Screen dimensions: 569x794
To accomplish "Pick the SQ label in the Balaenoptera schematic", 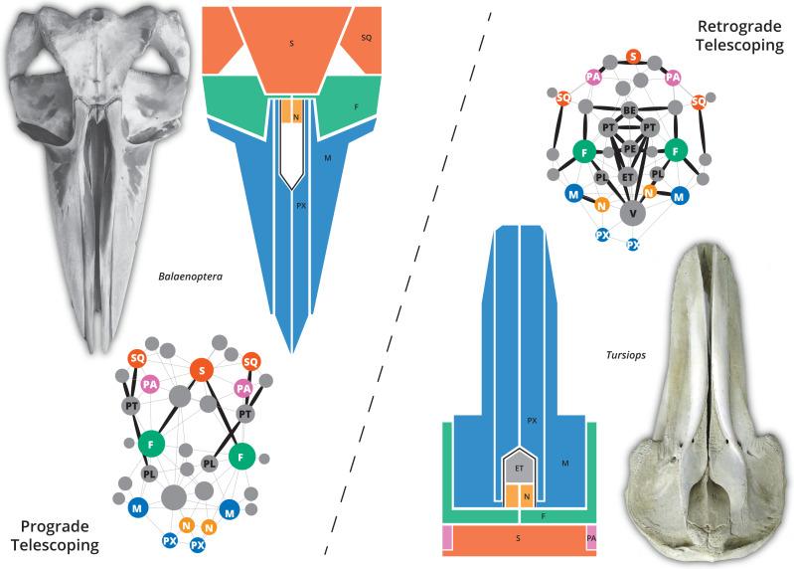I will click(x=366, y=37).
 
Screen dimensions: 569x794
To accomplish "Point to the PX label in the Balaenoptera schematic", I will click(x=300, y=207).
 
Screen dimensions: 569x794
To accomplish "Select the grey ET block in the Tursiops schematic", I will click(x=519, y=465).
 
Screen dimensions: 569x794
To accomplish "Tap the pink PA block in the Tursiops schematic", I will click(x=590, y=538).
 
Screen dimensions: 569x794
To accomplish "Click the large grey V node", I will click(x=631, y=212).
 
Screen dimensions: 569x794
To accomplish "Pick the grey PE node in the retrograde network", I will click(x=629, y=149).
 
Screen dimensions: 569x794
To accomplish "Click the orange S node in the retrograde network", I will click(x=633, y=58).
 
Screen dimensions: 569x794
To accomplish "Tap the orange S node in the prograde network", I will click(x=203, y=371).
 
